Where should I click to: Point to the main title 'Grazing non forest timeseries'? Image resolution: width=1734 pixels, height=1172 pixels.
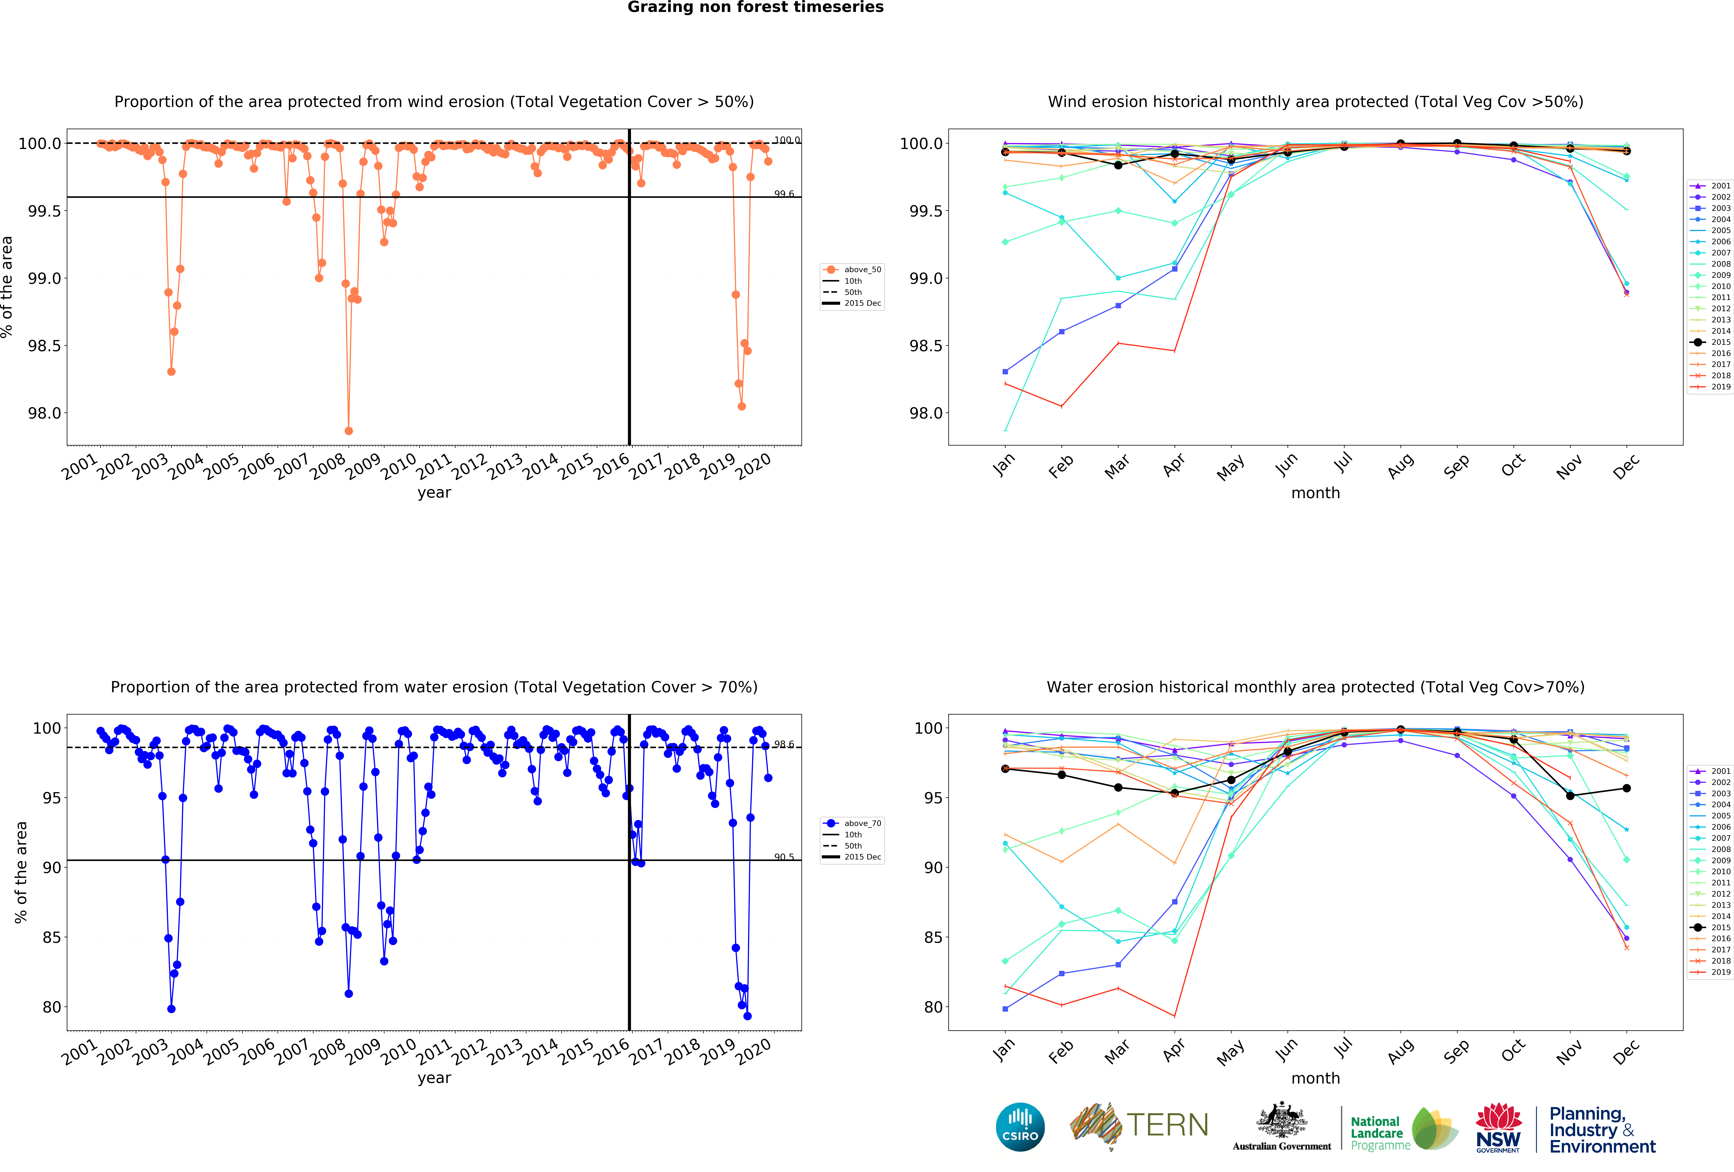[755, 8]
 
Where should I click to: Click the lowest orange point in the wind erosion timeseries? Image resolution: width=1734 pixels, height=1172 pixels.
[349, 431]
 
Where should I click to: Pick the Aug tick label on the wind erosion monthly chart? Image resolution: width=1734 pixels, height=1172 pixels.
[1400, 465]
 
